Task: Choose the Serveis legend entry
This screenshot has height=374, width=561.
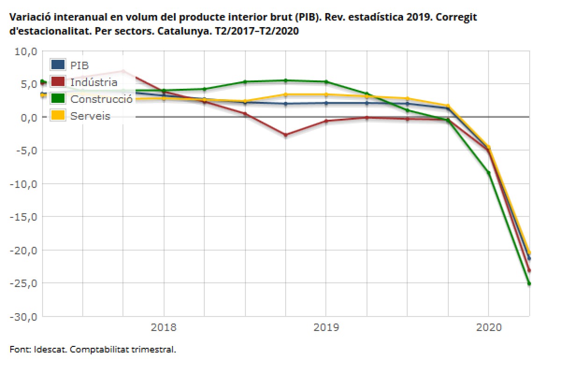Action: click(x=90, y=116)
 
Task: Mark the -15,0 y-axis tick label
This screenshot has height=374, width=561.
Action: click(x=22, y=217)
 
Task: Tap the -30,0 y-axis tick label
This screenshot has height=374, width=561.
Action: click(x=22, y=316)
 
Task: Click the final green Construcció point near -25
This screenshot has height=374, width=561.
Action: click(x=529, y=283)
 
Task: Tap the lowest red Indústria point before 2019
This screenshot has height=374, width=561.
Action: click(x=286, y=135)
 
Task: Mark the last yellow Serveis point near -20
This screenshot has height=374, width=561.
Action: click(x=529, y=253)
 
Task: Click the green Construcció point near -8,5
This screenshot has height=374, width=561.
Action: click(x=489, y=173)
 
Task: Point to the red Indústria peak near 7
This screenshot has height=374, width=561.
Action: click(x=123, y=71)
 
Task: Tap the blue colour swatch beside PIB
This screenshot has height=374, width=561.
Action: click(x=58, y=65)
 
